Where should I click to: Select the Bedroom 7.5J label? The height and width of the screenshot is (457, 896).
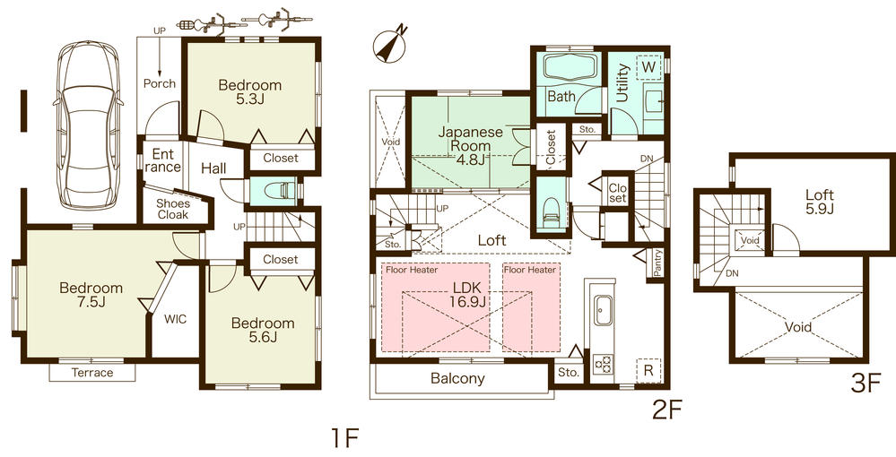(x=91, y=295)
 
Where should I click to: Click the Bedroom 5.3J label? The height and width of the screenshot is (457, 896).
(x=250, y=92)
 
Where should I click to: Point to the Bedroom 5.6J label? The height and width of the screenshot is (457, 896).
(x=262, y=330)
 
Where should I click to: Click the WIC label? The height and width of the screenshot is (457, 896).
(x=176, y=318)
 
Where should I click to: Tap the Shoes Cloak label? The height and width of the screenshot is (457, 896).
(x=173, y=209)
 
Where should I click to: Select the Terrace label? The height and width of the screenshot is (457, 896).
(x=92, y=372)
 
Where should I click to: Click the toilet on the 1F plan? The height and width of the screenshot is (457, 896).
(x=279, y=191)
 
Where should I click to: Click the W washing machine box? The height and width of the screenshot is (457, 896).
(x=648, y=65)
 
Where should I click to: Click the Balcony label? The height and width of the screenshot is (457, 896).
(x=457, y=378)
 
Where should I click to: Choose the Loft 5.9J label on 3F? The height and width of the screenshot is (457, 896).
(x=819, y=201)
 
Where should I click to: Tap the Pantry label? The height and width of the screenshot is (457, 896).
(x=658, y=260)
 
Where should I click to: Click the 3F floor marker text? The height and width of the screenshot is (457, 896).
(x=867, y=383)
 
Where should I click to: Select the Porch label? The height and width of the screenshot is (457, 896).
(x=159, y=83)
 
